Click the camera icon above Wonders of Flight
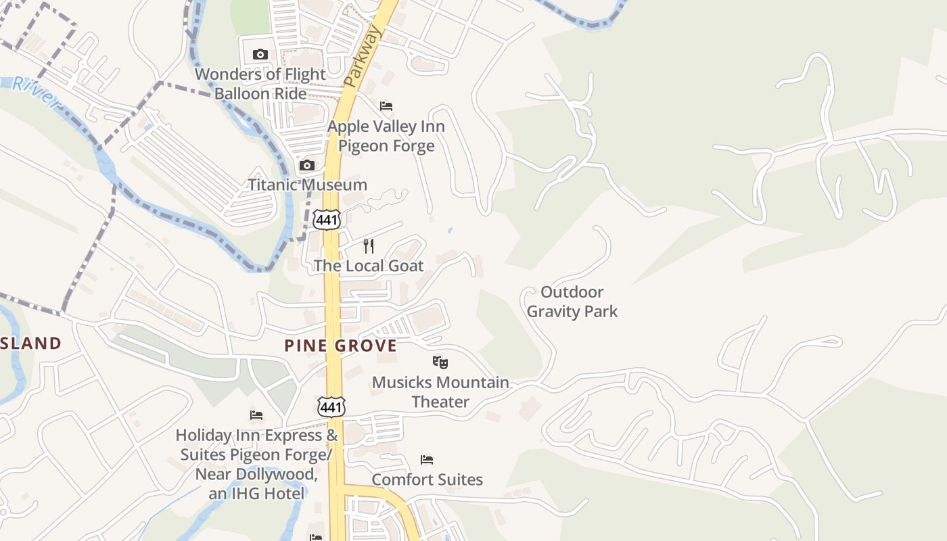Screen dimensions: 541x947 260,54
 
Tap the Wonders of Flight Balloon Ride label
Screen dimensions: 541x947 260,84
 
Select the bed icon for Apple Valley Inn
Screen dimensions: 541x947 386,106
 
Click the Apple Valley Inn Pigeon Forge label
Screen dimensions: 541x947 386,136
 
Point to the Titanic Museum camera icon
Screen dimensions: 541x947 307,165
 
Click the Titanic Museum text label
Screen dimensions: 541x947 307,185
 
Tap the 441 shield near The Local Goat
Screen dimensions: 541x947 326,218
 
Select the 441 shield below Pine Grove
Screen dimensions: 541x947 331,407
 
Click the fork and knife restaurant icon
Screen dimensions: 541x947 369,245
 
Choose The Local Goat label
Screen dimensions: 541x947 369,266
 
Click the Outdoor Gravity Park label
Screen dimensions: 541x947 572,302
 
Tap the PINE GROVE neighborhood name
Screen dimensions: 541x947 340,346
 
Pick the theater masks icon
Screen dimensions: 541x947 440,362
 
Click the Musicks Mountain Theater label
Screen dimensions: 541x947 440,392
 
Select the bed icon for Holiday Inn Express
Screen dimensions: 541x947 256,415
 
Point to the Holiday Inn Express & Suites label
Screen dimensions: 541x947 256,464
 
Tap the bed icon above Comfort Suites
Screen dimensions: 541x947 427,460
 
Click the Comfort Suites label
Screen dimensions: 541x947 427,479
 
